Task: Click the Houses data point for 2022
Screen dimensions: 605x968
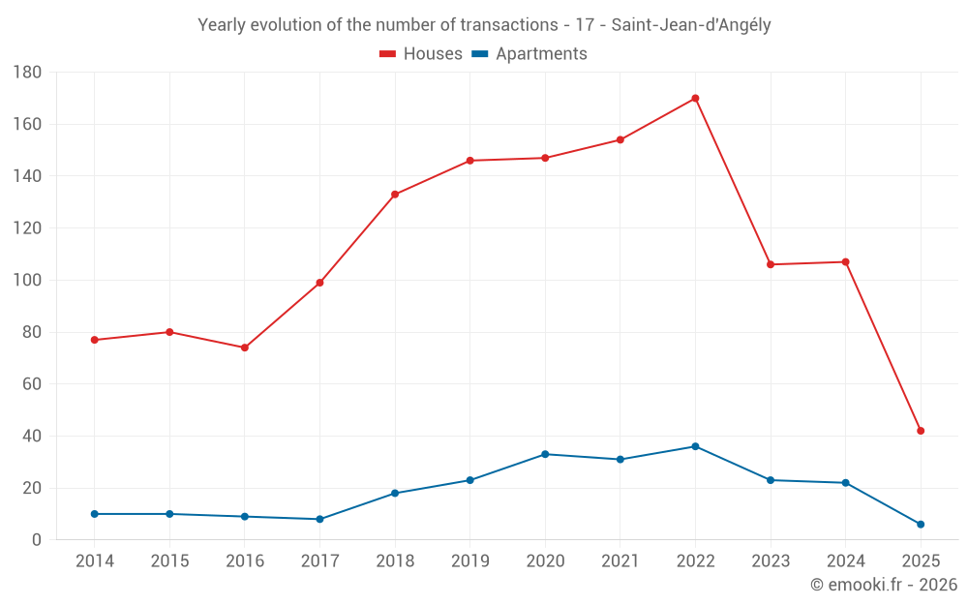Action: [x=695, y=98]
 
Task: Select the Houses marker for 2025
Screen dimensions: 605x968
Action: [x=921, y=431]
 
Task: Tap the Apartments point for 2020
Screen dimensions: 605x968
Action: [x=545, y=454]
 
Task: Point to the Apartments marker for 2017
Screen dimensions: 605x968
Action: [x=319, y=519]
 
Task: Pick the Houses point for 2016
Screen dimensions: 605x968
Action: [x=245, y=348]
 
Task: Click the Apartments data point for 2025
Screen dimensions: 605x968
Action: [x=921, y=524]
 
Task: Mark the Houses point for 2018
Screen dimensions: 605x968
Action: [x=395, y=195]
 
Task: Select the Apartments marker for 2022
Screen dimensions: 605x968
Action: [x=695, y=446]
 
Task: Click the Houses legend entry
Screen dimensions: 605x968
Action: [x=421, y=54]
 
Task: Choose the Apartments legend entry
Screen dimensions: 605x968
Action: [x=529, y=54]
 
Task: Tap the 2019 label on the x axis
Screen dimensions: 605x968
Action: [x=470, y=561]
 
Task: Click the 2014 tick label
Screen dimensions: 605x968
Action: [x=95, y=561]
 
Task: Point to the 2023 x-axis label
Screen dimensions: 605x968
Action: [x=771, y=561]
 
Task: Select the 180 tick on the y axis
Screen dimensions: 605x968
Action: [x=27, y=73]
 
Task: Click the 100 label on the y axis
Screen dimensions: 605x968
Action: [x=27, y=281]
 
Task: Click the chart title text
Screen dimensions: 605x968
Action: [x=484, y=25]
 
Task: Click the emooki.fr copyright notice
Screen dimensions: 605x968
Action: [x=884, y=585]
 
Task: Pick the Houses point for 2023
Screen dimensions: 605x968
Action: [x=771, y=264]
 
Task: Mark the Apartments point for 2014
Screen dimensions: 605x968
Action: [x=95, y=514]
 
